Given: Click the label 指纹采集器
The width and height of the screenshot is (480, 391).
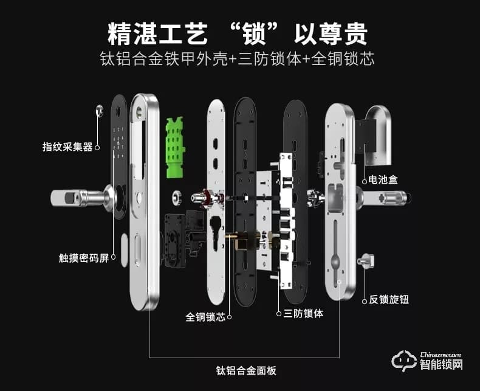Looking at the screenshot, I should tap(67, 147).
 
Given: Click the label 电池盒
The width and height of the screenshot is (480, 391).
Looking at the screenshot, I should tap(383, 180).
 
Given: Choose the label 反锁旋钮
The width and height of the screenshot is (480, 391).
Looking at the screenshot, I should tap(388, 300).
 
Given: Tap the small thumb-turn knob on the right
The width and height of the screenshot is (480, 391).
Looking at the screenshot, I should tap(368, 260).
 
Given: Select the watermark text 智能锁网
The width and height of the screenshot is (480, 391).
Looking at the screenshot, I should tap(442, 365).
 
